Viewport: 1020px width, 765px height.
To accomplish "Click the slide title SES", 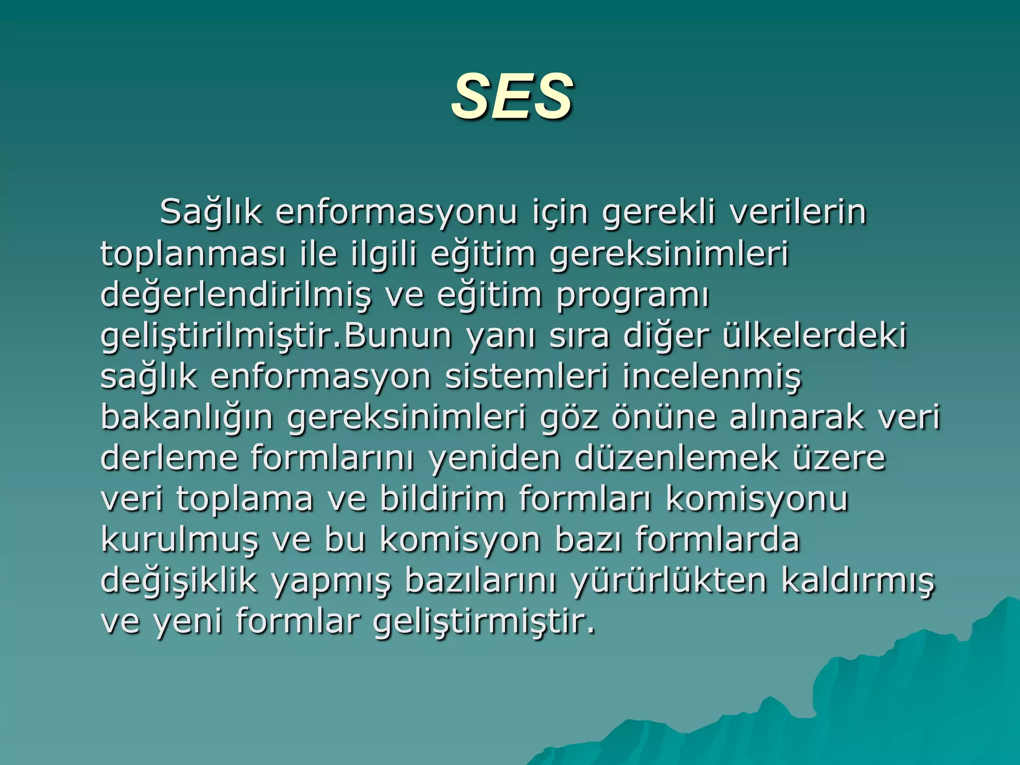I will (511, 96).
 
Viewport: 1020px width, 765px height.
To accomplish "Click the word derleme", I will (169, 459).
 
